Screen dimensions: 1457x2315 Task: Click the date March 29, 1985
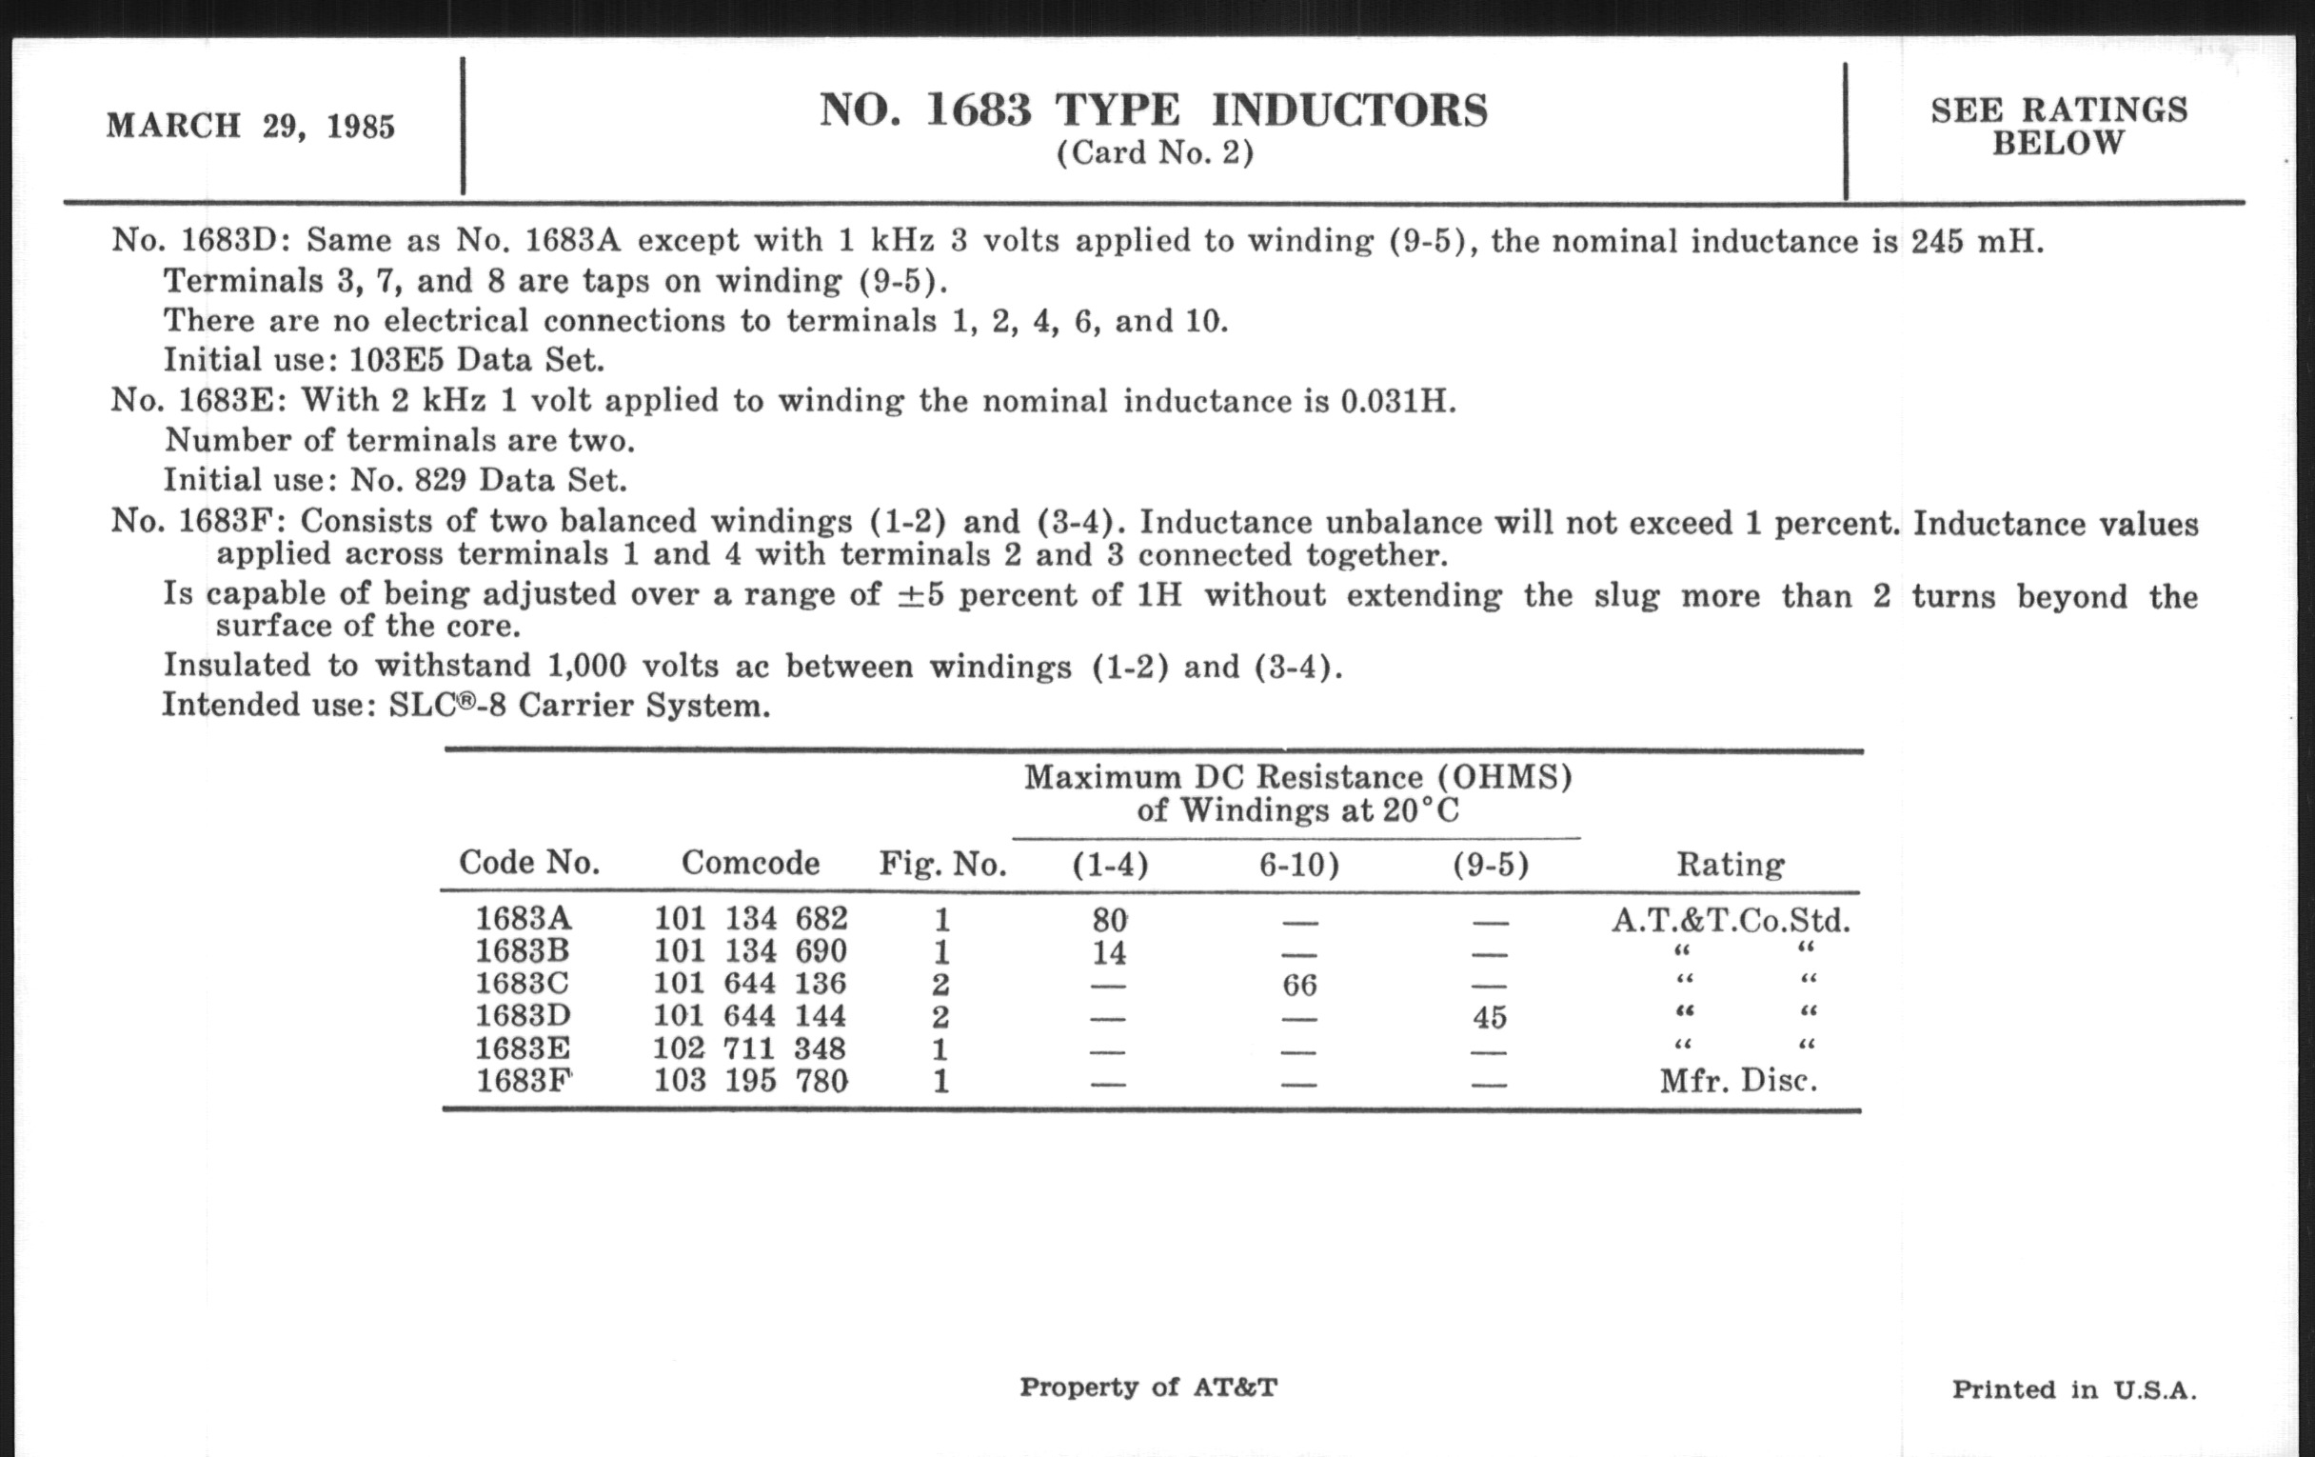click(250, 126)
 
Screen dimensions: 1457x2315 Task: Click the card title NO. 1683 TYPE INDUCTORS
click(1153, 110)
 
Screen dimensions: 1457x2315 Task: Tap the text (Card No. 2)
click(1155, 154)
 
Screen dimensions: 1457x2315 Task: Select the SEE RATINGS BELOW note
click(2058, 126)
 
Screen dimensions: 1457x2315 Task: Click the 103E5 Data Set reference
click(476, 361)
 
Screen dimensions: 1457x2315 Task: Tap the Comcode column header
click(750, 863)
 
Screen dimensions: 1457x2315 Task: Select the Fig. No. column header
click(942, 865)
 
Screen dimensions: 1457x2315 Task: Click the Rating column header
click(1731, 865)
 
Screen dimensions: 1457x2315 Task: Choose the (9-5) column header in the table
click(1490, 866)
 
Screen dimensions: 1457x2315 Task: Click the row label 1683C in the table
click(522, 983)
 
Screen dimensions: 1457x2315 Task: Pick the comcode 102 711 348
click(750, 1048)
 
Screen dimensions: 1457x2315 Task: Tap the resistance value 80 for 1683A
click(1110, 920)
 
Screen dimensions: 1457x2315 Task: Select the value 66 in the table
click(1298, 985)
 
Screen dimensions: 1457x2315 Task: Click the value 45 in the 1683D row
click(1489, 1017)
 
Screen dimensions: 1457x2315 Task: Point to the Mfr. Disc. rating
click(1738, 1081)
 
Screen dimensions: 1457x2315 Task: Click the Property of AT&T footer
click(1148, 1387)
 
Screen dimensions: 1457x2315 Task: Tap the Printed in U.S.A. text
click(2073, 1389)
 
